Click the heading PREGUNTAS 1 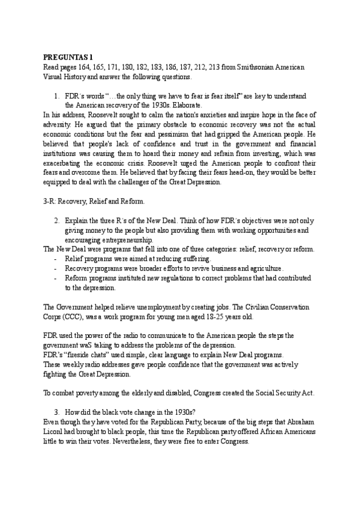coord(68,56)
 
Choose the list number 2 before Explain coord(56,221)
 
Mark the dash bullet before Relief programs coord(56,259)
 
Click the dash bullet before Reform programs coord(56,278)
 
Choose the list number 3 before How coord(56,414)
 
